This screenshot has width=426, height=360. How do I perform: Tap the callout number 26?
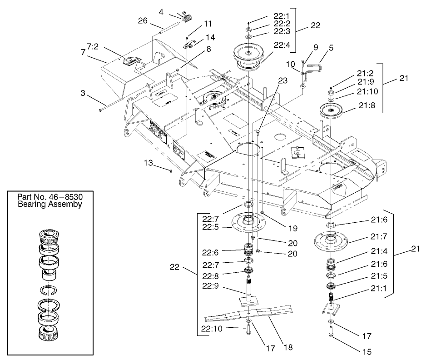pos(143,20)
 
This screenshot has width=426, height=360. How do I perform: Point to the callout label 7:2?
pos(93,46)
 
